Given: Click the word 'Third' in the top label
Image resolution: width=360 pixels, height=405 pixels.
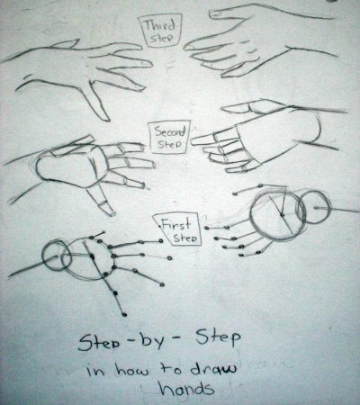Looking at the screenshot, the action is click(x=160, y=25).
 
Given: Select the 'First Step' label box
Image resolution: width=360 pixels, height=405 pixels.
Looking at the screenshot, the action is click(x=178, y=230).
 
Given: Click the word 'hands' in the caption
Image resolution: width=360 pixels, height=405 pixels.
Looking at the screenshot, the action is click(x=187, y=388).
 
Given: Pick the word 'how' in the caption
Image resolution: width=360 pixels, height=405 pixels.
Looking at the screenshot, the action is click(x=132, y=371).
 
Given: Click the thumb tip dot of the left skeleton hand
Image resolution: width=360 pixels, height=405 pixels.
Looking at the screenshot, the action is click(x=124, y=314).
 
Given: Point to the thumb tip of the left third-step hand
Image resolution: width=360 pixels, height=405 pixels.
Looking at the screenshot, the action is click(x=105, y=119).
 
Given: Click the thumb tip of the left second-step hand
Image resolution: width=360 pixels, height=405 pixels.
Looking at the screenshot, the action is click(x=112, y=213).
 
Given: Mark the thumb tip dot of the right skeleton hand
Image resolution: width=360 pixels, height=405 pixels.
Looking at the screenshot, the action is click(x=260, y=185).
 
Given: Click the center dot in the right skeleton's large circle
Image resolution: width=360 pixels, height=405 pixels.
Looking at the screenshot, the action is click(x=282, y=214).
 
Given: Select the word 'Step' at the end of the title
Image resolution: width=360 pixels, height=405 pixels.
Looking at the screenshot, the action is click(x=218, y=338).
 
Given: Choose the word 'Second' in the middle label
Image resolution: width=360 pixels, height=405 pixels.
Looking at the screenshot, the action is click(x=170, y=132).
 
